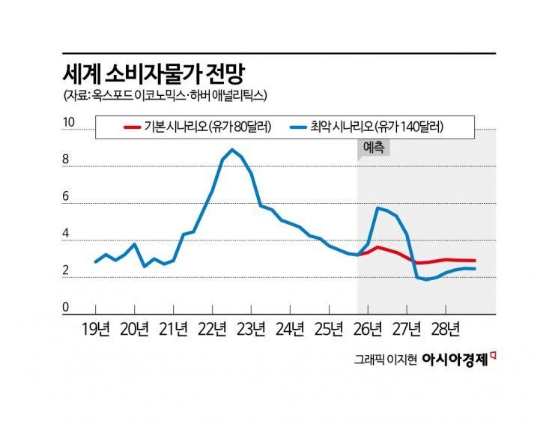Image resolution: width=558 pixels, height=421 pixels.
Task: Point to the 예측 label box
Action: [373, 148]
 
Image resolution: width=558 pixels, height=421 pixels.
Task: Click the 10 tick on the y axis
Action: [67, 122]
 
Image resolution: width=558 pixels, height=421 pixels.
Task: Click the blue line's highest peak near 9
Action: [232, 150]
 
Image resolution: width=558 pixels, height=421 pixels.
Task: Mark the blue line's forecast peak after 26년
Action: [377, 208]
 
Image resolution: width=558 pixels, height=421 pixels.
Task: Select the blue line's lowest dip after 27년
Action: [427, 279]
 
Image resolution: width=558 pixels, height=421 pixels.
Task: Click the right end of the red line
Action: [475, 261]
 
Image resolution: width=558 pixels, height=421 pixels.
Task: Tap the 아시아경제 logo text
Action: [455, 360]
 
